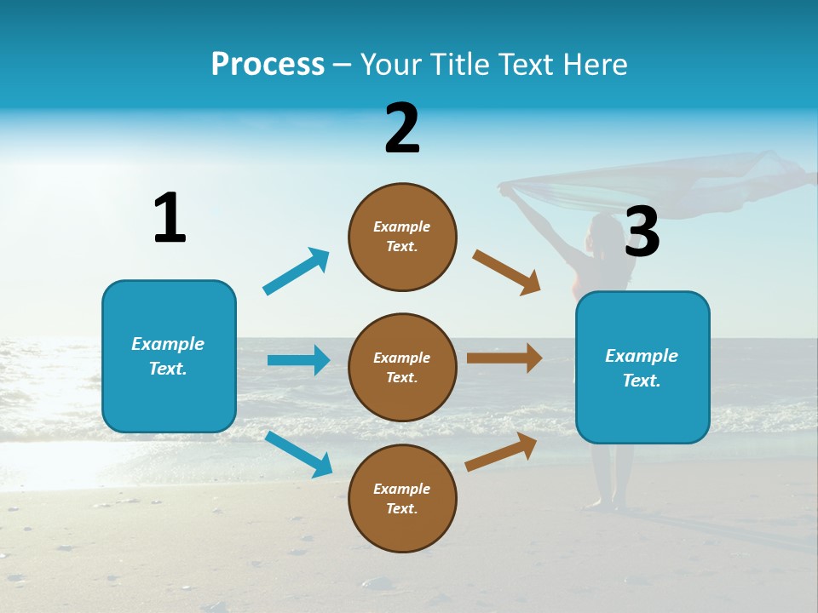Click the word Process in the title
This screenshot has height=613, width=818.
click(268, 64)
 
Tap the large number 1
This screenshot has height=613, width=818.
click(170, 218)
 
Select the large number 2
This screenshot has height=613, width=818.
click(402, 129)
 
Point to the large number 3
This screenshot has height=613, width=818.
click(642, 232)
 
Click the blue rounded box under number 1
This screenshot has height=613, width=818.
click(169, 356)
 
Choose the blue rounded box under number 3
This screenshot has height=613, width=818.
click(642, 367)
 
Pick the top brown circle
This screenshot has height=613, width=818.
click(402, 237)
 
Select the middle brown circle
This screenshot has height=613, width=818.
click(402, 367)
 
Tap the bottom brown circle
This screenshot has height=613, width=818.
click(402, 498)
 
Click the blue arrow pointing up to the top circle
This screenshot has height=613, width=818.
click(297, 272)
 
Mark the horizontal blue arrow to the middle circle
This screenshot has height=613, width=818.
click(298, 360)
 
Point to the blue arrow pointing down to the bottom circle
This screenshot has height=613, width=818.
click(298, 454)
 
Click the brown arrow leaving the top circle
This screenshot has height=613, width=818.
click(507, 272)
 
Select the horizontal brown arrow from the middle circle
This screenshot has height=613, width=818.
click(504, 358)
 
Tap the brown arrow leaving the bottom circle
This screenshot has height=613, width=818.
click(502, 452)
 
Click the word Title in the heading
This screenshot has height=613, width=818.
click(458, 64)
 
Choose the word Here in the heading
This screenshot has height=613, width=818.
click(595, 64)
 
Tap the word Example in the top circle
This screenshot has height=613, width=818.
click(402, 226)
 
